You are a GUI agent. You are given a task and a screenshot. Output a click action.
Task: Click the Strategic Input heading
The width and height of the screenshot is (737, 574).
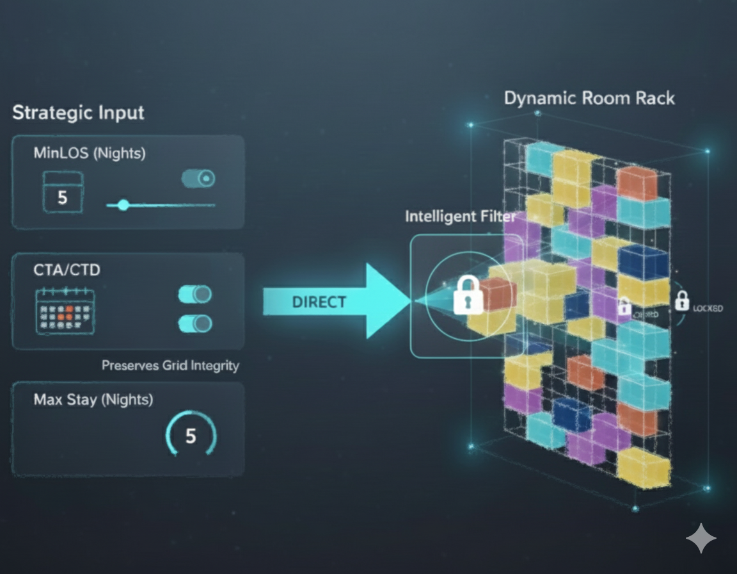click(x=78, y=113)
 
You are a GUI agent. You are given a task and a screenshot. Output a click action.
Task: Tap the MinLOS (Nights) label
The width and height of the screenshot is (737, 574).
click(x=89, y=153)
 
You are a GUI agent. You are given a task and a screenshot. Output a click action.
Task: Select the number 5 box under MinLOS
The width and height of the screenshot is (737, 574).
click(x=62, y=196)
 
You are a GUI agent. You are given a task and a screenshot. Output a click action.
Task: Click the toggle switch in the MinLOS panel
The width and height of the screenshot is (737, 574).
click(x=198, y=179)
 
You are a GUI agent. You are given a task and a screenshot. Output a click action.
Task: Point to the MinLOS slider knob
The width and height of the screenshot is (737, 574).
click(x=123, y=205)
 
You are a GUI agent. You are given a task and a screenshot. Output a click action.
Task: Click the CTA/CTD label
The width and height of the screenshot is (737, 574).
click(x=67, y=270)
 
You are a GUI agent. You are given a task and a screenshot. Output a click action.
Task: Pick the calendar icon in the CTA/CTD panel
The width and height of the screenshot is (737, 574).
click(x=65, y=311)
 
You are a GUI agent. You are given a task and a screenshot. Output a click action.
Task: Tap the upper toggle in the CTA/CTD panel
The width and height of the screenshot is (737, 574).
click(x=194, y=295)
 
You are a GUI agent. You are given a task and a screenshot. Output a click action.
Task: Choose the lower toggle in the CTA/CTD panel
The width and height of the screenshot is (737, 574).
click(x=194, y=323)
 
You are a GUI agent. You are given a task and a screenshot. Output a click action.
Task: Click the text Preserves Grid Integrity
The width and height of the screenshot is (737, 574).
click(x=170, y=366)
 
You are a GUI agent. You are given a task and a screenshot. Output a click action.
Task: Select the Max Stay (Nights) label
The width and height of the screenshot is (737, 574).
click(x=93, y=400)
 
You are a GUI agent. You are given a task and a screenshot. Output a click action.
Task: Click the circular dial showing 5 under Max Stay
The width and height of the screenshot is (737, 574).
click(x=191, y=436)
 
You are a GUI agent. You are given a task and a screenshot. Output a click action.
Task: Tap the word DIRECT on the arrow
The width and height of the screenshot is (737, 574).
click(x=319, y=302)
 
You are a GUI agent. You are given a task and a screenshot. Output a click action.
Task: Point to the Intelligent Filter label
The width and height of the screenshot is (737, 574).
click(x=460, y=217)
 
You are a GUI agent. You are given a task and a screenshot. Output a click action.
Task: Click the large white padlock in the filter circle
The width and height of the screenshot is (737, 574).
click(x=467, y=295)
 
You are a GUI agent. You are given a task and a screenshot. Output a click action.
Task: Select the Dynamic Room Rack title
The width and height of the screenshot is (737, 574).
click(x=589, y=99)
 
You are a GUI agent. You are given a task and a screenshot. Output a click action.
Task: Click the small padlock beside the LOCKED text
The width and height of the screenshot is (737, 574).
click(x=683, y=299)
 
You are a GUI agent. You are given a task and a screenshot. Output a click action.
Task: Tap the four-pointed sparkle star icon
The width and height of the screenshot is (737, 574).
click(x=701, y=538)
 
